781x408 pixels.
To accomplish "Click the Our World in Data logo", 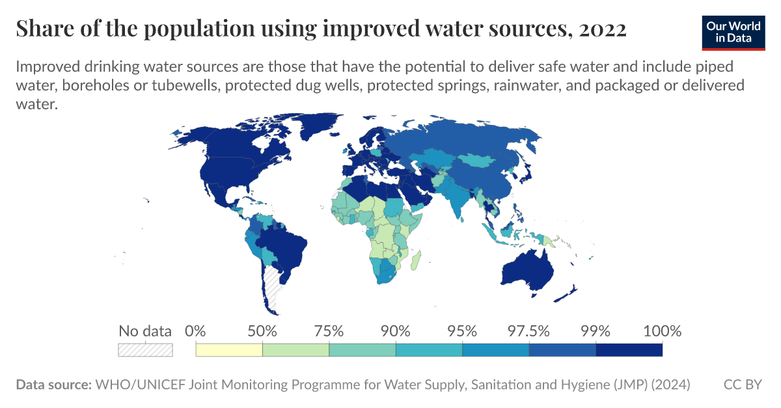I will (x=733, y=32).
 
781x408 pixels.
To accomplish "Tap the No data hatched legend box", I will (x=145, y=350).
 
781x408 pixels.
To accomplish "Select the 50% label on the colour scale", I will (x=262, y=331).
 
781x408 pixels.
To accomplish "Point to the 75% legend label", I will (x=329, y=331).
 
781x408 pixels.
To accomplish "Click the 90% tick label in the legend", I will (x=396, y=331).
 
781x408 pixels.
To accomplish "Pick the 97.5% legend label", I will (x=529, y=331).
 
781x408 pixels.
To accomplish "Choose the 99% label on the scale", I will (x=596, y=331).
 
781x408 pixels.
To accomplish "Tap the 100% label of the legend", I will (x=662, y=331).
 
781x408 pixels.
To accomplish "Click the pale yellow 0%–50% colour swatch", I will (x=229, y=350).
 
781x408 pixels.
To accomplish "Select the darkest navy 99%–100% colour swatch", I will (x=629, y=350).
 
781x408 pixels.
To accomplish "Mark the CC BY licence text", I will (x=742, y=385).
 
